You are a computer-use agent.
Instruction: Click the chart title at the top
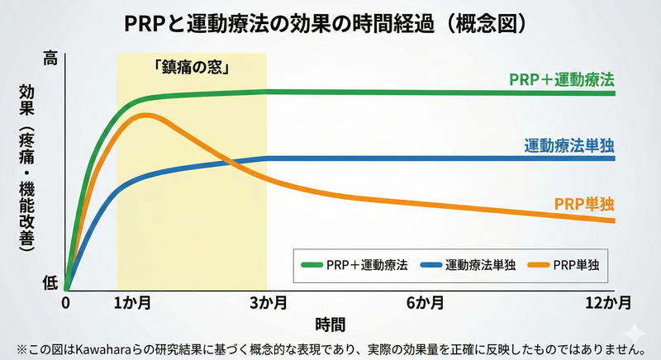tap(330, 22)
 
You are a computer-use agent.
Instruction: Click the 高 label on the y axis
tap(50, 59)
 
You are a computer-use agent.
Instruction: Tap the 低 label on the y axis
tap(50, 282)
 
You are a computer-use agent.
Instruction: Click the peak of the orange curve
tap(147, 115)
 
